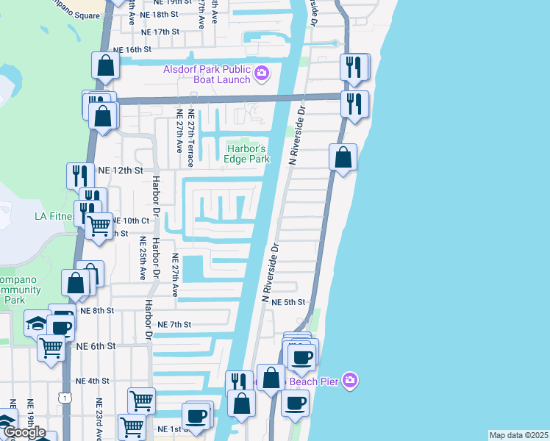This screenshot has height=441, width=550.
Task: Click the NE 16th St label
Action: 132,49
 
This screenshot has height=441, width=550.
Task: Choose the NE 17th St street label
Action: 161,32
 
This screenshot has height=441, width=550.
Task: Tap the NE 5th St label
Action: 287,302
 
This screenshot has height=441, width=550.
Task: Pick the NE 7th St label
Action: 174,324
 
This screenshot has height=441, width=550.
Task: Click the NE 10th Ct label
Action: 130,220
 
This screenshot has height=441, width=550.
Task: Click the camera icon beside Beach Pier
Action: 351,380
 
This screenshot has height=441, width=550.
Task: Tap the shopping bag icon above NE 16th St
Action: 106,65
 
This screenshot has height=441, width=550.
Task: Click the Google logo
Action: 24,432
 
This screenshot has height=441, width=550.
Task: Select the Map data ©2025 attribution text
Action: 518,435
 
